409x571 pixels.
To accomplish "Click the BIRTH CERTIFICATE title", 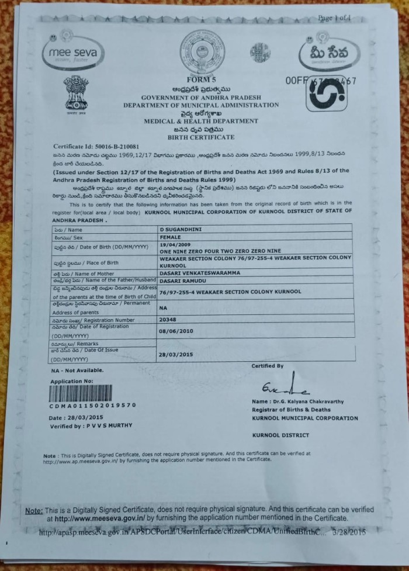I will [x=200, y=137].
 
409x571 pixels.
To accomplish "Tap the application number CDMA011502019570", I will [x=93, y=405].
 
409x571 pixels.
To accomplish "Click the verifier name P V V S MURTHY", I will [x=108, y=425].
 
